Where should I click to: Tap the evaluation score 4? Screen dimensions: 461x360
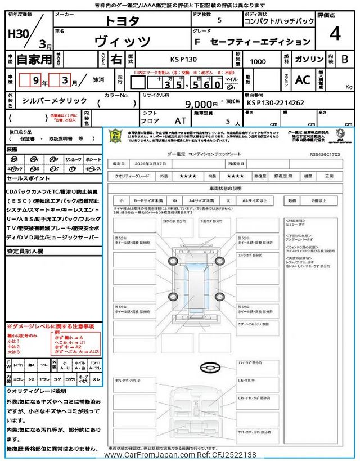335,34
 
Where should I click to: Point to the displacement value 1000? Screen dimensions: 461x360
258,61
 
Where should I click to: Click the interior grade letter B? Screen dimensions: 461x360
345,59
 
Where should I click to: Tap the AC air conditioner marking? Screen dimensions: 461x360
302,79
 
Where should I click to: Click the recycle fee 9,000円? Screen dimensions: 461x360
202,104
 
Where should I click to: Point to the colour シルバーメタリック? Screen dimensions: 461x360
55,100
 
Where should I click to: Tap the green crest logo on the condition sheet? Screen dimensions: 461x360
115,136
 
